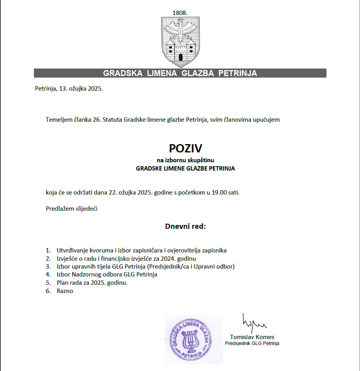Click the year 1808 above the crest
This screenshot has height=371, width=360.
click(x=180, y=13)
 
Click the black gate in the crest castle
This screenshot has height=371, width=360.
click(x=180, y=57)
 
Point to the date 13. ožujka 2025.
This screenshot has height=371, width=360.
click(x=81, y=88)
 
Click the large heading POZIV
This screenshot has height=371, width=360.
click(x=185, y=148)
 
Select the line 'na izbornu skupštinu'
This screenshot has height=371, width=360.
click(x=185, y=160)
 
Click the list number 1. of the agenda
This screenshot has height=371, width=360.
click(x=48, y=250)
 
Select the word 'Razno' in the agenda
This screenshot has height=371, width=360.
click(x=65, y=291)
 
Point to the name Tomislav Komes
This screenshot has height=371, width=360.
click(x=252, y=337)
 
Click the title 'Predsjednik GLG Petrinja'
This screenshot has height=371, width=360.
click(x=252, y=343)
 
